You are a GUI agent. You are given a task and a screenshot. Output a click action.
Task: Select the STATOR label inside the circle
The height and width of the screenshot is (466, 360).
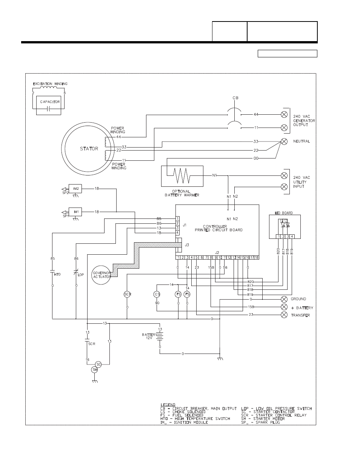89,149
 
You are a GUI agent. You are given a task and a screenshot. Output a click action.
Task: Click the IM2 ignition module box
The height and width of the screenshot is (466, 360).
76,188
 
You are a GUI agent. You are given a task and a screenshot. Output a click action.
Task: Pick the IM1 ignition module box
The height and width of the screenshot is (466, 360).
76,212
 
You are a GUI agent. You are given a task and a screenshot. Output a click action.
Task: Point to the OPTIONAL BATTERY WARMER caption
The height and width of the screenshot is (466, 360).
182,193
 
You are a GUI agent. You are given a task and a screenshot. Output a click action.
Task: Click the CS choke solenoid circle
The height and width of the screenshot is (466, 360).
157,294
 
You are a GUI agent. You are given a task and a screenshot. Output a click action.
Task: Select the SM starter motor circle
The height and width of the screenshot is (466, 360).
95,370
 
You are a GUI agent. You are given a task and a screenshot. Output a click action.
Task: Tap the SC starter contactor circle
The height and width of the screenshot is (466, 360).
98,364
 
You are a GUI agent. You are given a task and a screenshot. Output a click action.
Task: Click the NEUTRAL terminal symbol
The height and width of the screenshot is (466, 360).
285,141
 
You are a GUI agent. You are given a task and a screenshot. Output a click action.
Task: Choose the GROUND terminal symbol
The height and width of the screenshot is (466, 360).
285,299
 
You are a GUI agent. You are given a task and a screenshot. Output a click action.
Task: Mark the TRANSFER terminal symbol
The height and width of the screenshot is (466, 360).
285,315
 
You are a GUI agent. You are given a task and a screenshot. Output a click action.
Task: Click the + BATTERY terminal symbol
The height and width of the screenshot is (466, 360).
285,307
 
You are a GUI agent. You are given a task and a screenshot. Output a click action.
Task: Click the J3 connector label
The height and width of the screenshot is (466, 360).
187,245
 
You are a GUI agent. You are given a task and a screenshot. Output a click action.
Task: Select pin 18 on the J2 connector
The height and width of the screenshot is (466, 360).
256,257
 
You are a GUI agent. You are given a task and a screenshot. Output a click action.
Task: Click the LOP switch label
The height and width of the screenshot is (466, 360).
81,274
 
